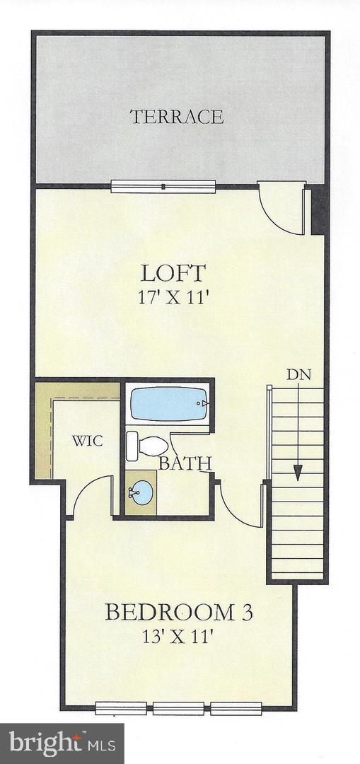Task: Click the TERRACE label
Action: point(177,117)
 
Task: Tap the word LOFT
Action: point(173,272)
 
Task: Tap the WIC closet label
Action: point(88,441)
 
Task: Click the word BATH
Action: point(185,464)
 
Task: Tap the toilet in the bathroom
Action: point(147,446)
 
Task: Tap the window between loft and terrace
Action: point(163,187)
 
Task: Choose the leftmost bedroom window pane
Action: point(121,707)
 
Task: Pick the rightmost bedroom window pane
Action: point(236,707)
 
